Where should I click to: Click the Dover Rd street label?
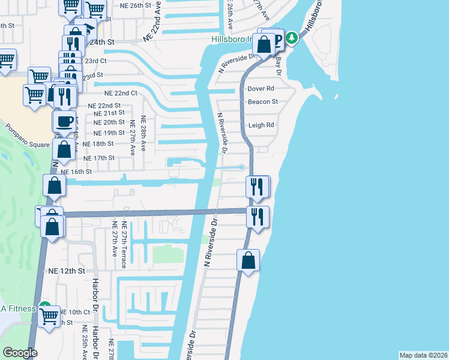pos(261,88)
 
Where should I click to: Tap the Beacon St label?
pos(263,102)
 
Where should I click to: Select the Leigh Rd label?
pos(261,125)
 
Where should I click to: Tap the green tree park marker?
pos(292,38)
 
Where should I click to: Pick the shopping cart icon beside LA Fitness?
pos(49,315)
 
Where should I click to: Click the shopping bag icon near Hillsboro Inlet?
pos(264,44)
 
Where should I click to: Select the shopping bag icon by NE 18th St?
pos(64,149)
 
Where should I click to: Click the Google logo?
pos(20,353)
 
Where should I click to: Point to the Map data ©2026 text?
pos(424,355)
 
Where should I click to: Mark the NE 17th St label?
pos(98,158)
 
